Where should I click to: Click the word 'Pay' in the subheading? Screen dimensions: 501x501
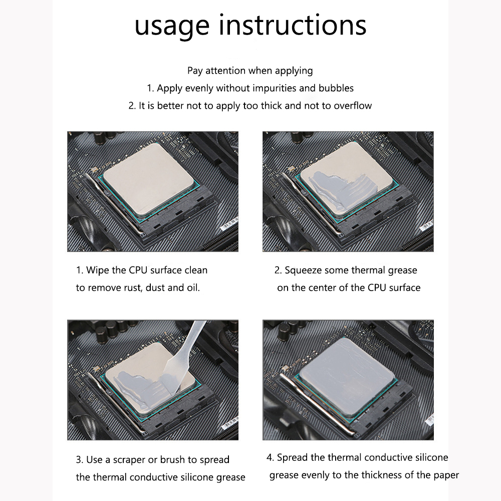(x=195, y=71)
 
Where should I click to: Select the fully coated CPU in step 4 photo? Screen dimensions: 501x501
(x=346, y=377)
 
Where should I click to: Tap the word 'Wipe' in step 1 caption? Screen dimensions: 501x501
(x=97, y=271)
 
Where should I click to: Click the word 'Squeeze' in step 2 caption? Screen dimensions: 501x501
(x=303, y=271)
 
